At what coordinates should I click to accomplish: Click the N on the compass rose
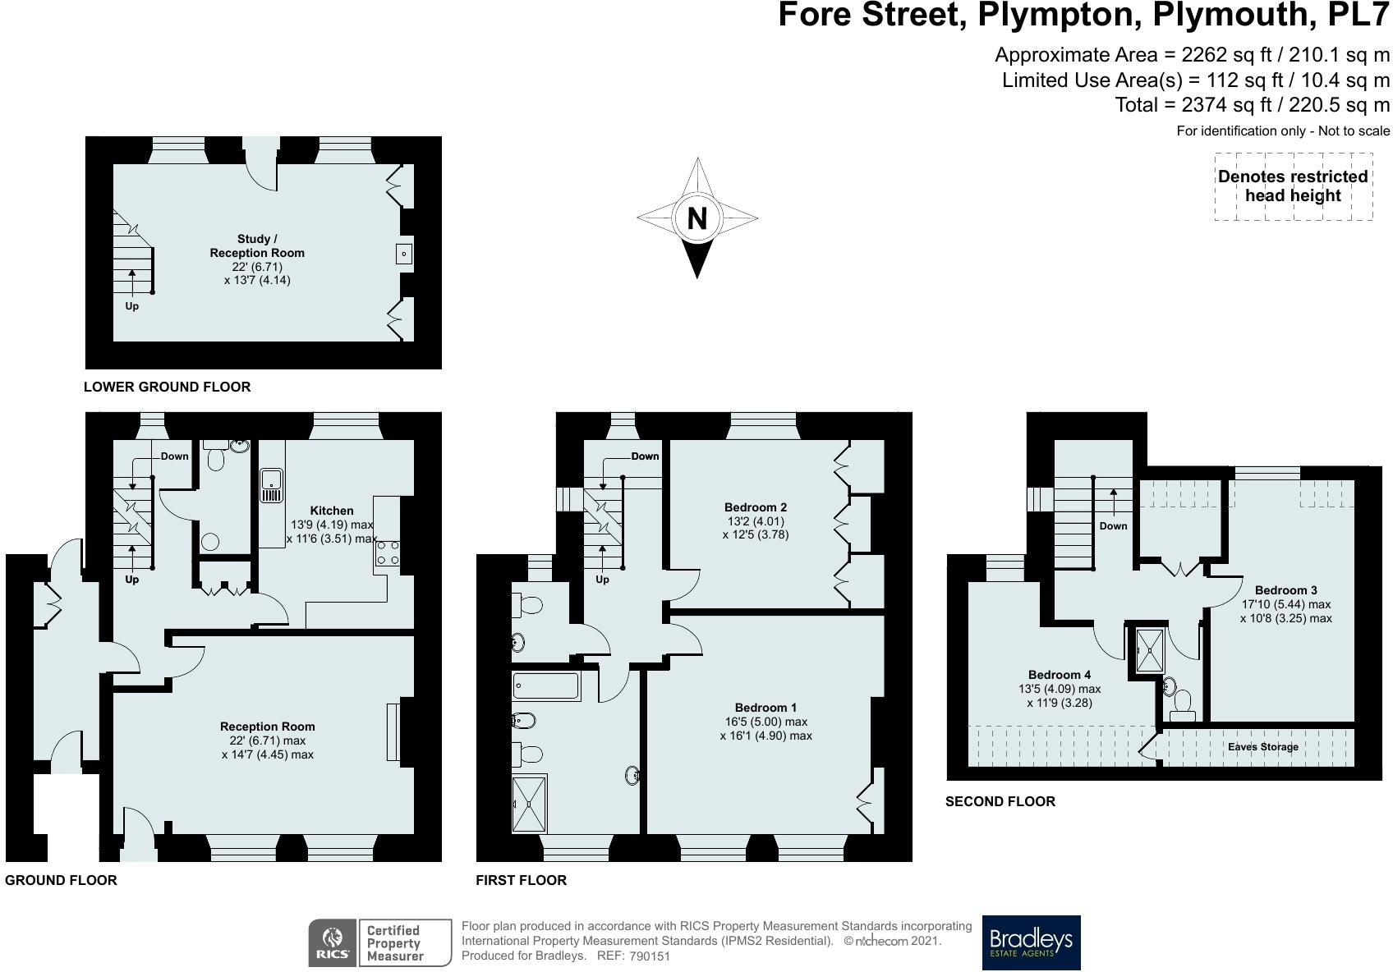tap(697, 218)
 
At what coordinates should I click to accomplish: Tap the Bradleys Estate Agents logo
tap(1031, 942)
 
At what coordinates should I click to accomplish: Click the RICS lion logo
tap(333, 942)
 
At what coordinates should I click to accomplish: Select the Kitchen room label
tap(332, 511)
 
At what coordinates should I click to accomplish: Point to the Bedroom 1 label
tap(765, 708)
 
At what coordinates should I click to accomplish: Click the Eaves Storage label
tap(1263, 746)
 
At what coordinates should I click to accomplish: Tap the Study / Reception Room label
tap(257, 245)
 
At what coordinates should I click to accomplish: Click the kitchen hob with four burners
tap(387, 554)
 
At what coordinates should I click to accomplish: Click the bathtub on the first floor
tap(546, 686)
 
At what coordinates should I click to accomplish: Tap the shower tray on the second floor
tap(1150, 650)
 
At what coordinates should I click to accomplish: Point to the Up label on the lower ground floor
tap(132, 305)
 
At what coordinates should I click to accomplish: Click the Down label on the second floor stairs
tap(1113, 525)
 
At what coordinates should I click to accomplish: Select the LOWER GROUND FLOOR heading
tap(168, 387)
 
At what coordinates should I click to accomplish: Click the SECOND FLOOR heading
tap(1000, 801)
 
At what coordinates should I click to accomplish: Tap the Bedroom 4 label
tap(1059, 674)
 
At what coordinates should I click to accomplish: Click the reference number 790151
tap(650, 956)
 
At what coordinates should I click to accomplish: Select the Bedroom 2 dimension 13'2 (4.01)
tap(756, 520)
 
